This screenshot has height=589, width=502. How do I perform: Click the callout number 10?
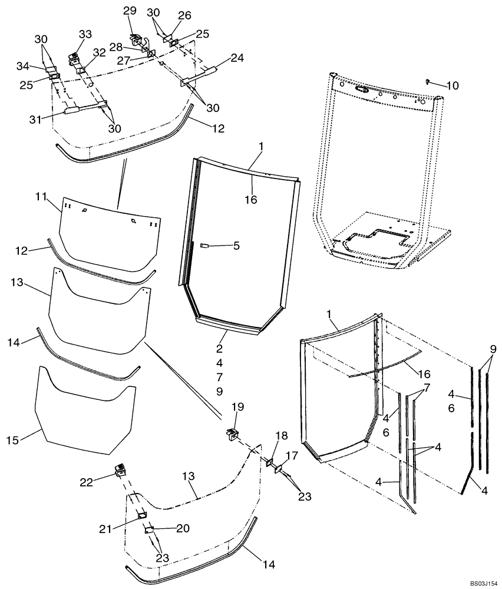click(452, 85)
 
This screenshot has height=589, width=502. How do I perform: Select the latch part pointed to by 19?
click(233, 434)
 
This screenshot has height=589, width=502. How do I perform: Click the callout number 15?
click(13, 441)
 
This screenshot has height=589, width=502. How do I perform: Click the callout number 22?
click(87, 482)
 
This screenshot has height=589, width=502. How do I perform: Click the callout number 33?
click(85, 34)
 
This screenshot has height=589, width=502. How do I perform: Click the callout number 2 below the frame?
click(219, 348)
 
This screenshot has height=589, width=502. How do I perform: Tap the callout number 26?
click(184, 15)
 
